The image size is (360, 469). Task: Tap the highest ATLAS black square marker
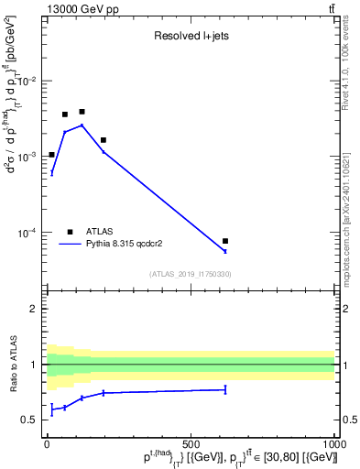[82, 112]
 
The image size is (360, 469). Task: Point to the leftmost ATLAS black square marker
[52, 155]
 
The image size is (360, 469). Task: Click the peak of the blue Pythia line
[82, 125]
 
